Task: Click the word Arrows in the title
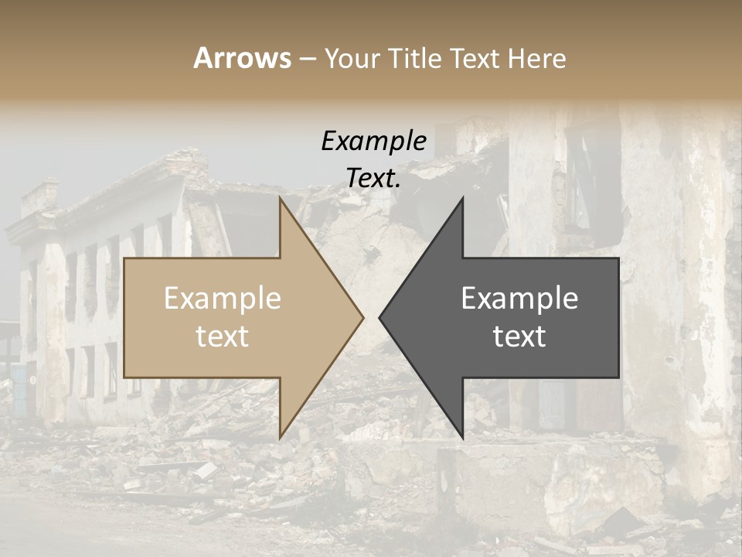243,58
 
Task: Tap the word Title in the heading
414,58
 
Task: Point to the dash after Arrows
307,59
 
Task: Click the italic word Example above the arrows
373,141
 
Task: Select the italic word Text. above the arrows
373,179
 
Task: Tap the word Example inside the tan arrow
223,298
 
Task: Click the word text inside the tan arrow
223,336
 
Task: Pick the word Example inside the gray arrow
519,298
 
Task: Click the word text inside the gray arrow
519,336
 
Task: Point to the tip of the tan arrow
362,316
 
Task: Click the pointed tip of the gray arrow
380,316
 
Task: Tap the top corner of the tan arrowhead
280,197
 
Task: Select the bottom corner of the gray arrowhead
462,438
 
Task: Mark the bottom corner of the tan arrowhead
280,437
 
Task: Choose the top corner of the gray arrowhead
462,198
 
